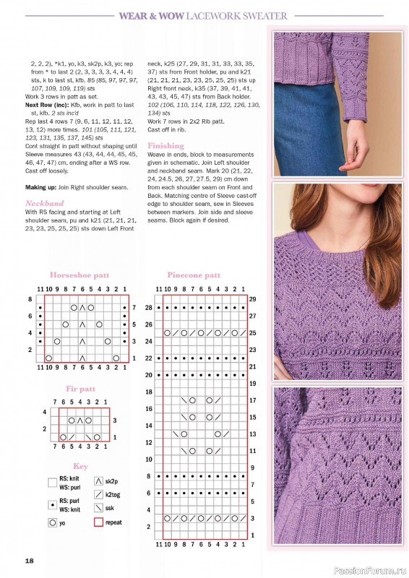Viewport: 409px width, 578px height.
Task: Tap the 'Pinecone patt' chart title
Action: click(194, 275)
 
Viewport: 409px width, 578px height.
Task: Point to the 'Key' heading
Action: click(80, 466)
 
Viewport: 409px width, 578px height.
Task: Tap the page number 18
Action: click(29, 561)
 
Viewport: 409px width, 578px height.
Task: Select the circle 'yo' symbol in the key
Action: click(53, 520)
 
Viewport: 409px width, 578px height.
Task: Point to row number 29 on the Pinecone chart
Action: click(253, 298)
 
